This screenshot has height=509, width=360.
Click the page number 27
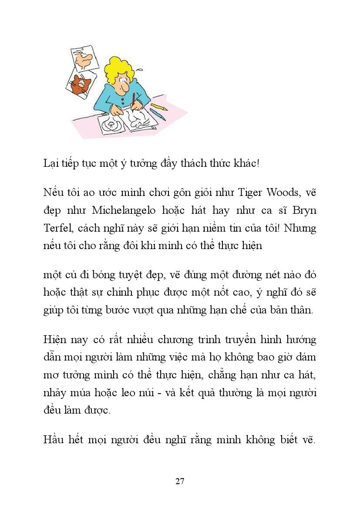[x=180, y=481]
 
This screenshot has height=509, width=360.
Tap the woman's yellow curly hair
[x=118, y=70]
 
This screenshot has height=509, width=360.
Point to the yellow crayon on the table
[x=159, y=107]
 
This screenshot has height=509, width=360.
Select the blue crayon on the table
[x=158, y=115]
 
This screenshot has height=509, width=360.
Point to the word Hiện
[x=54, y=339]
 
